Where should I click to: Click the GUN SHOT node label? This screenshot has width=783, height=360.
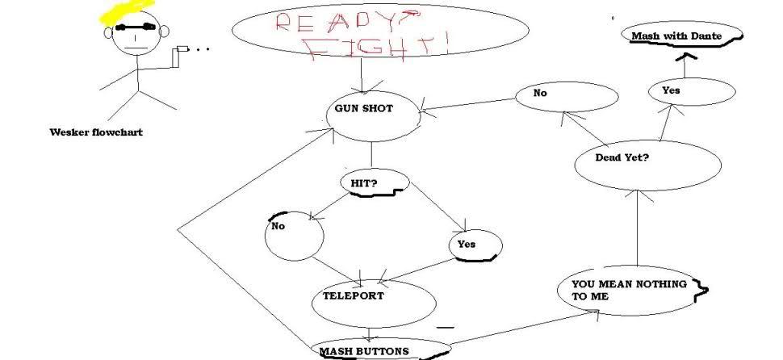(363, 109)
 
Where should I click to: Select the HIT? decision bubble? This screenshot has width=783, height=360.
(363, 183)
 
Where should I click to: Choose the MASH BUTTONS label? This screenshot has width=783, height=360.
(363, 351)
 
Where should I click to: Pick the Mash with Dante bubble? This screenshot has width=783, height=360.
(676, 36)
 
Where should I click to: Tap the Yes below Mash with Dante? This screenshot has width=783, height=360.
(671, 90)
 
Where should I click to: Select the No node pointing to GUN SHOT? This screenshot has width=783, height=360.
(541, 94)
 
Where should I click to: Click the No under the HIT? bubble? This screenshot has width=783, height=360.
(278, 227)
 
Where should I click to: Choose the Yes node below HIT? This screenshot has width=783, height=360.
(467, 244)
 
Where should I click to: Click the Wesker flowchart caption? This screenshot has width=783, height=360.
(96, 132)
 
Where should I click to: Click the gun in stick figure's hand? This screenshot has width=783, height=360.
(182, 51)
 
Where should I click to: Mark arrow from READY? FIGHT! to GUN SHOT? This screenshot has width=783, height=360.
(361, 79)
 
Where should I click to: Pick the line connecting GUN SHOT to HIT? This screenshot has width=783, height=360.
(371, 153)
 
